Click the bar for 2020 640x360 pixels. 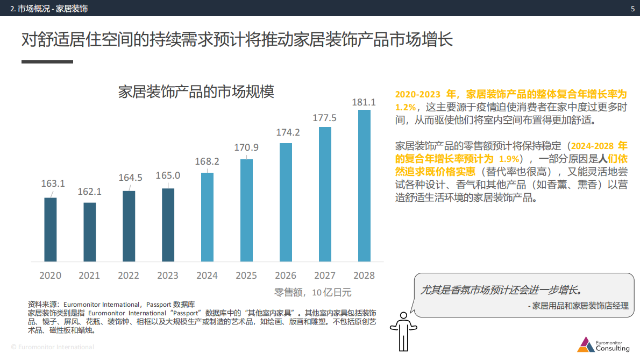[51, 229]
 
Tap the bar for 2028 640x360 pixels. [364, 186]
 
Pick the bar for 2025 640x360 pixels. [246, 210]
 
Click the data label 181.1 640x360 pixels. [364, 102]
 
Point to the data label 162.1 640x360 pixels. [89, 191]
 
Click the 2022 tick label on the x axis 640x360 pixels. [129, 276]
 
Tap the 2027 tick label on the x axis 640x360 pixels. [325, 276]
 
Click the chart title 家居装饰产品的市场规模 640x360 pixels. [196, 92]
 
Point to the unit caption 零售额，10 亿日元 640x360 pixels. [312, 293]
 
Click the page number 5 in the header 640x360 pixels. [632, 9]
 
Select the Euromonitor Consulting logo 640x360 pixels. [603, 344]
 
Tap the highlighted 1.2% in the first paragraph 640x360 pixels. [406, 107]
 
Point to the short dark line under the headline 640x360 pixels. [47, 62]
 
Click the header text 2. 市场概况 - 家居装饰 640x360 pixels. [49, 9]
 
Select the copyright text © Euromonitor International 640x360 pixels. [53, 347]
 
